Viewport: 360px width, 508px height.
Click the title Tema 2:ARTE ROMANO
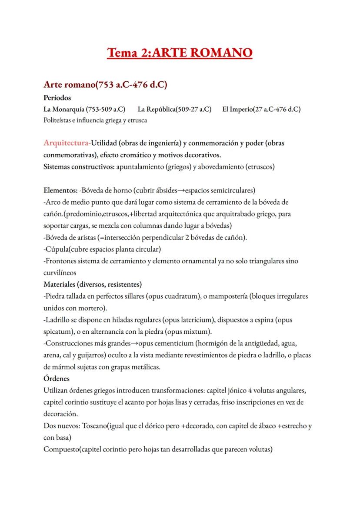(180, 53)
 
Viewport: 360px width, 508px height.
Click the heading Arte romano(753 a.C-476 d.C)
(105, 84)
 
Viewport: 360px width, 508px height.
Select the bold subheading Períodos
(57, 98)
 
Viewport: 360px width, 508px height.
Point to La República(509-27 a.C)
(174, 109)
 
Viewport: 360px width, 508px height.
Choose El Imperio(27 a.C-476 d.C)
(261, 109)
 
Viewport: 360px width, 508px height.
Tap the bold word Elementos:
(61, 190)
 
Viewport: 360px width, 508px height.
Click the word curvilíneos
(60, 273)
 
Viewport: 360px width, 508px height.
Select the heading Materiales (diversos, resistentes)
(92, 285)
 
